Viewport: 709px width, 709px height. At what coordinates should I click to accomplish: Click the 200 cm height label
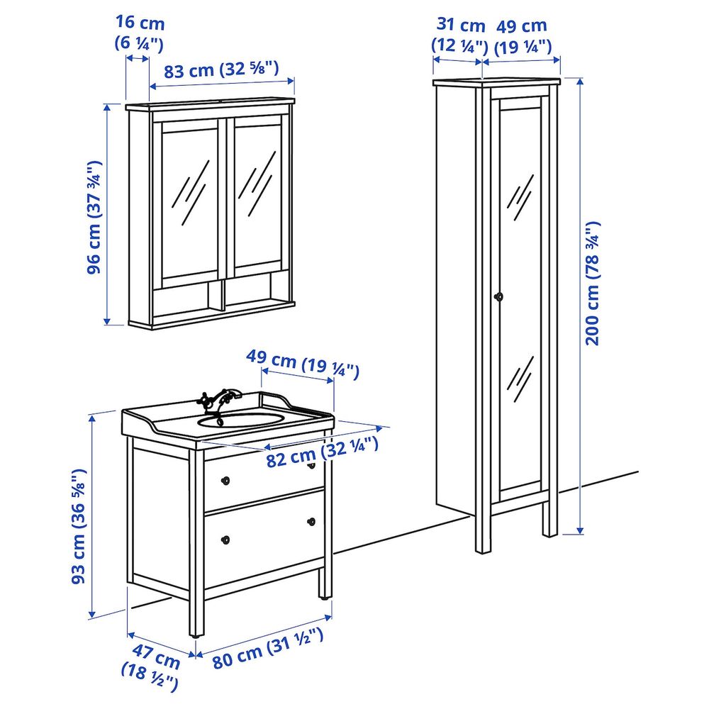pos(593,284)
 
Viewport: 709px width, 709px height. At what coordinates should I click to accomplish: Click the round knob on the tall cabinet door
pos(498,297)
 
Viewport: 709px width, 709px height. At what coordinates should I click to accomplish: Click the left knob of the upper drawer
pos(226,480)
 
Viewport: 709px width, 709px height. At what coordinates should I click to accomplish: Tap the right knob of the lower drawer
pos(311,523)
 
